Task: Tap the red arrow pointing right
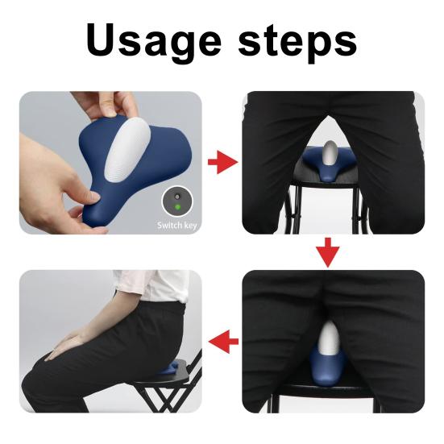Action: point(222,164)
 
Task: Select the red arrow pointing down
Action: point(326,252)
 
